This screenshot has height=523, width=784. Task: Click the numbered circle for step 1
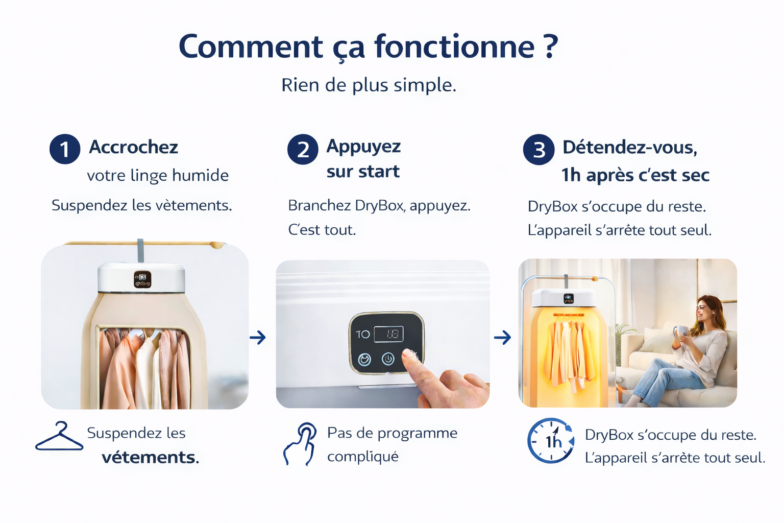65,149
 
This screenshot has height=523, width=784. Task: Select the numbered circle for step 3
538,150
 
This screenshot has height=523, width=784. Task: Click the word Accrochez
133,147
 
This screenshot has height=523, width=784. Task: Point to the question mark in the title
551,46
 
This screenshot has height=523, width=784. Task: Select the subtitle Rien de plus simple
369,85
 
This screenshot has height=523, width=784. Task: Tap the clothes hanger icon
59,436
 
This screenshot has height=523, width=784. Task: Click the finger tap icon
300,444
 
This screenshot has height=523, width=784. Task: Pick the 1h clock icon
551,440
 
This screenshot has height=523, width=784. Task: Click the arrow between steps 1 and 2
258,337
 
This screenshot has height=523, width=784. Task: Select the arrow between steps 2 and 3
502,337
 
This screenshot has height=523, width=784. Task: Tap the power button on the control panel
388,359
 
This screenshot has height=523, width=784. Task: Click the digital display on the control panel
388,334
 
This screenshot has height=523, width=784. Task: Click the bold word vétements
151,458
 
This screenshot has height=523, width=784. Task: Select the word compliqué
363,457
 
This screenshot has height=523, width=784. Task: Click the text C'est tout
322,230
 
